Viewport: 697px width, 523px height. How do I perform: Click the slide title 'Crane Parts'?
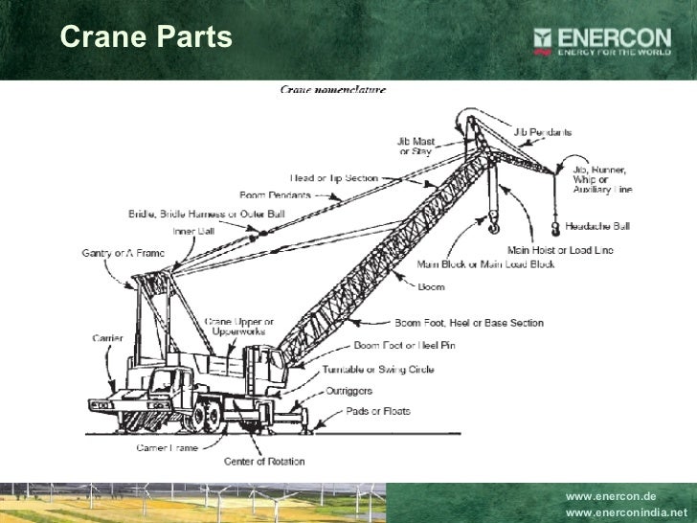tap(146, 37)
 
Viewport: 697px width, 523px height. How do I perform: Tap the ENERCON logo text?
tap(617, 37)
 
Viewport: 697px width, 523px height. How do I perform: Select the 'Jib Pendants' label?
tap(543, 131)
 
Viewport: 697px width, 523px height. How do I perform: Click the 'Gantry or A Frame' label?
tap(123, 253)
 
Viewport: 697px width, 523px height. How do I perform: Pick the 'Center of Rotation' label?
tap(264, 461)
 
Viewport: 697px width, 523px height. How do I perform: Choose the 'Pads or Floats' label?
tap(378, 411)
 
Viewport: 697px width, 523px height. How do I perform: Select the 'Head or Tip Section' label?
tap(334, 177)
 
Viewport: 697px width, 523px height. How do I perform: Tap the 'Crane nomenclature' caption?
tap(333, 90)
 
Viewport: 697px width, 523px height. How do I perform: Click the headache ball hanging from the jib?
tap(555, 226)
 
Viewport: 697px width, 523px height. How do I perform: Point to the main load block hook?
tap(494, 227)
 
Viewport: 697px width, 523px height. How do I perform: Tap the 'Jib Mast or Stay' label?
tap(415, 146)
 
